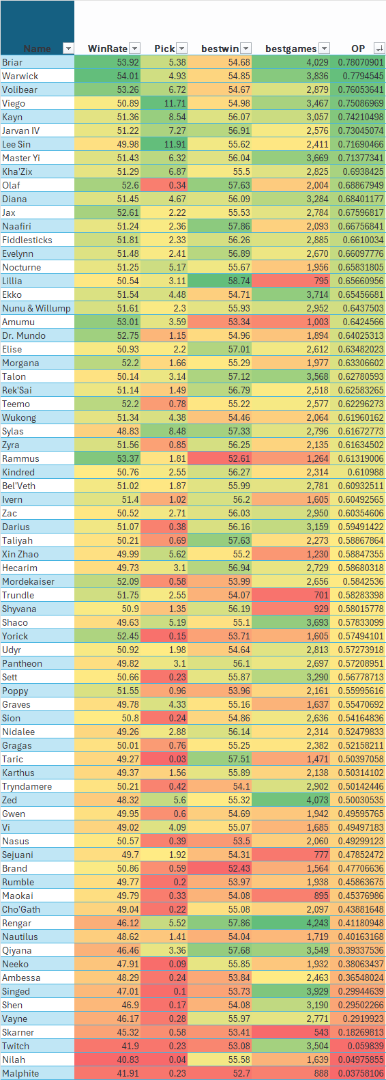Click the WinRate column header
107,49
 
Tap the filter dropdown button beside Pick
182,49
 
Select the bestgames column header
291,49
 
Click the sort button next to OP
379,49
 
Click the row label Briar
12,62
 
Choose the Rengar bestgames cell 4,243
317,923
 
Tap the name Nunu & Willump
36,308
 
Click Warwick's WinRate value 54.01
128,76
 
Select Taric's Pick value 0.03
177,759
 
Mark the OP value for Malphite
360,1073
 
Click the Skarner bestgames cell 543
321,1032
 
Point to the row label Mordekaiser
29,581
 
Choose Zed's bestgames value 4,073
317,800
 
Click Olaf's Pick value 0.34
177,185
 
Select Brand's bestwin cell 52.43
239,868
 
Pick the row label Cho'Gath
21,909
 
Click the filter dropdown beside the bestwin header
246,49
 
